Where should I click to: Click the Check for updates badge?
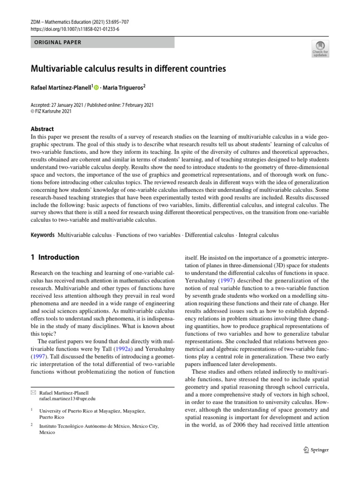point(320,48)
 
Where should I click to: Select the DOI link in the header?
point(75,29)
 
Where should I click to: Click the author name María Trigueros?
point(125,88)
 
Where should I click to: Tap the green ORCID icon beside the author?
point(97,88)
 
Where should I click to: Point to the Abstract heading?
point(42,129)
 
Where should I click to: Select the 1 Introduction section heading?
point(55,257)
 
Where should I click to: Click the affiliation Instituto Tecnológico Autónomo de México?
point(99,426)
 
